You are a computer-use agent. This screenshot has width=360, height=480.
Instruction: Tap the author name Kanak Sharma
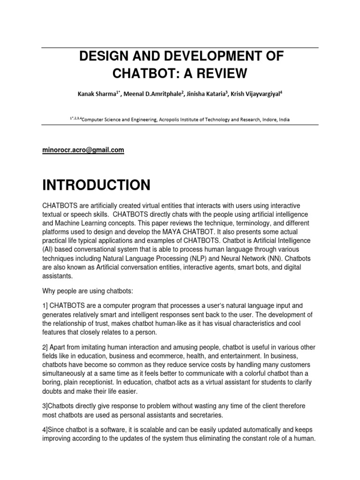click(97, 94)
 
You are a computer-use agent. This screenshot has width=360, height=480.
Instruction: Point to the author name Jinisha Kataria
click(203, 94)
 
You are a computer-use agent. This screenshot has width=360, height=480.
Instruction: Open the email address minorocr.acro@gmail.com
click(83, 150)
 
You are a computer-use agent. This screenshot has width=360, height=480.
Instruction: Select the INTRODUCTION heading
click(96, 185)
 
